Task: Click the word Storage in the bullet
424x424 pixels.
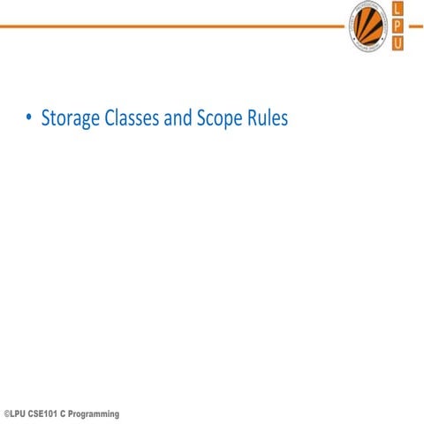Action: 69,118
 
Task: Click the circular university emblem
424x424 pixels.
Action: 367,26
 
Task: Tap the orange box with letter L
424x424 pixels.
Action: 397,9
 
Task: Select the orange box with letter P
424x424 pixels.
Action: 397,26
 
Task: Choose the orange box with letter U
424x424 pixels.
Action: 397,43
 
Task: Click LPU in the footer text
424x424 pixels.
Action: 19,414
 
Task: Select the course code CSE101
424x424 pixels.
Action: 46,414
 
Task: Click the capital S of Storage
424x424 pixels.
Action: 47,118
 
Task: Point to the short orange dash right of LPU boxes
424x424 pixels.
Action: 415,26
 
